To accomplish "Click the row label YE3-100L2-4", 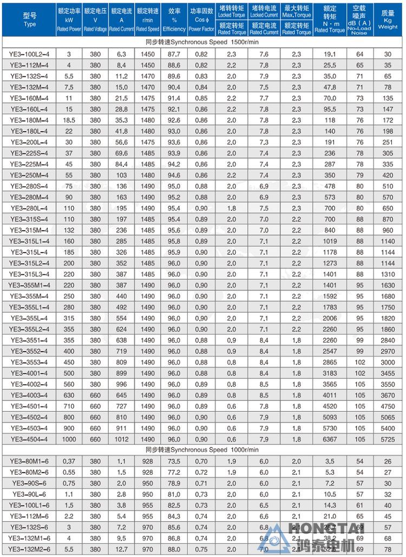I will (29, 55).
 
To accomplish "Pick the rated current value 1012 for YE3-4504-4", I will (121, 439).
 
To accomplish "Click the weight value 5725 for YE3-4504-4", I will (388, 439).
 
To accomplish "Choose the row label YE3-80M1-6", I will (29, 462).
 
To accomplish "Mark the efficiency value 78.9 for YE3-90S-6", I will (174, 483).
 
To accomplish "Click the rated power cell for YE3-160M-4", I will (69, 98).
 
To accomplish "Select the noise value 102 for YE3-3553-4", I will (359, 362).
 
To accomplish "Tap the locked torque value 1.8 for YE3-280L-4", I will (232, 208).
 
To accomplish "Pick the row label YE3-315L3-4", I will (29, 274).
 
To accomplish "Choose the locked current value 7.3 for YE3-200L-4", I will (264, 142).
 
